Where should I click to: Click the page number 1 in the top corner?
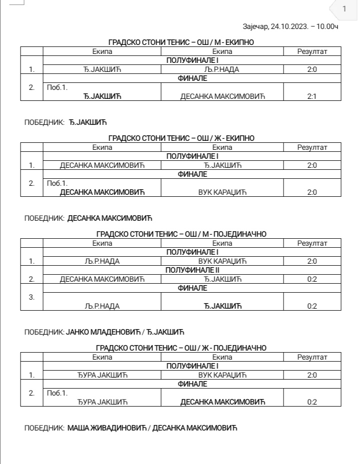click(x=344, y=9)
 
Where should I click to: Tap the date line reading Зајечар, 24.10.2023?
click(x=289, y=26)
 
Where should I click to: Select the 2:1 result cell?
click(x=312, y=96)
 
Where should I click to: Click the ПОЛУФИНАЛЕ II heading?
click(x=192, y=270)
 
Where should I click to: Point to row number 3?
click(x=31, y=297)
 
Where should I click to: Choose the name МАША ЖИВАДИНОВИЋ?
click(x=106, y=428)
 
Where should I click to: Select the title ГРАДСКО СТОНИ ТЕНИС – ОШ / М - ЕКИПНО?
click(x=181, y=42)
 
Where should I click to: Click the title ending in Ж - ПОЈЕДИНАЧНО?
click(x=181, y=348)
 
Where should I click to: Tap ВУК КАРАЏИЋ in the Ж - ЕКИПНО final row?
click(x=222, y=192)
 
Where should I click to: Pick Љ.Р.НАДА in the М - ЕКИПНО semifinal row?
click(x=222, y=69)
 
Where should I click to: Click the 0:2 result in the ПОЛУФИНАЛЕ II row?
click(x=312, y=279)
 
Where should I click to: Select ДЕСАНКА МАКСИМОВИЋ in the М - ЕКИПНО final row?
click(x=222, y=96)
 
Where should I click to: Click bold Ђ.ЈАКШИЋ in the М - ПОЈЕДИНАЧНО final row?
click(x=222, y=306)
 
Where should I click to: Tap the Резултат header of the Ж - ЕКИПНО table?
click(x=312, y=147)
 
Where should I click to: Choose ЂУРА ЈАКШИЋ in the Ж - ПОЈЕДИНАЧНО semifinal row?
click(x=102, y=375)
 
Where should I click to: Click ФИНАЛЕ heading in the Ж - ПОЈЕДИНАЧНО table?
click(x=192, y=384)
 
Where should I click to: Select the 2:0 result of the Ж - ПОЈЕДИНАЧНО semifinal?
click(x=312, y=375)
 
